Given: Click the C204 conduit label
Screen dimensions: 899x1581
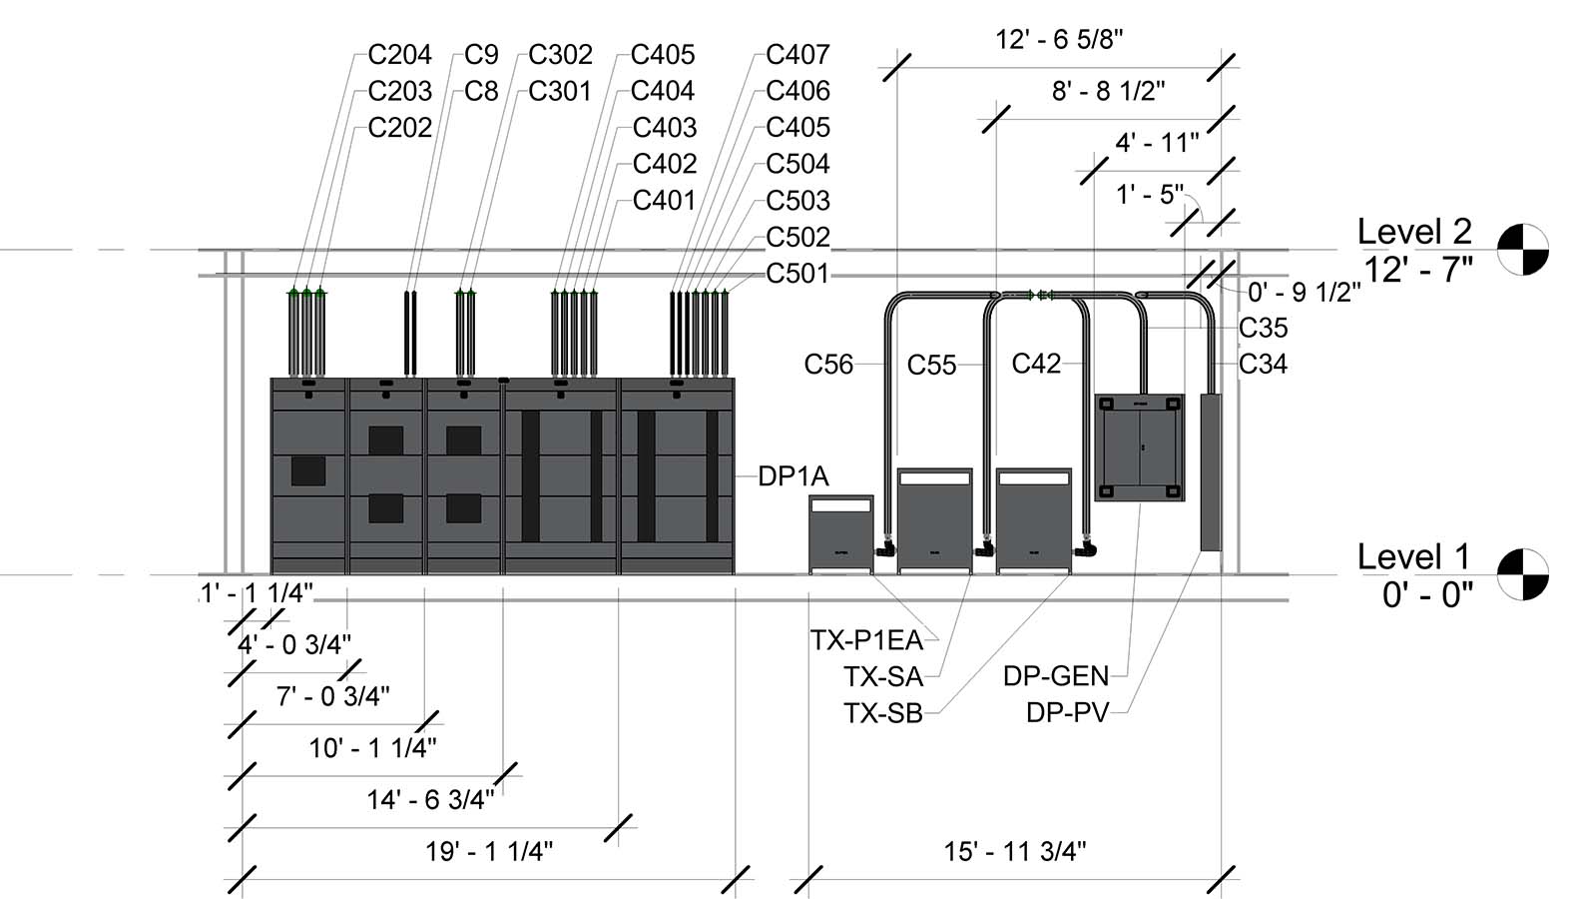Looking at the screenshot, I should [x=399, y=54].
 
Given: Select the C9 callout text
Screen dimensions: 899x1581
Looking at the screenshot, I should [x=481, y=54].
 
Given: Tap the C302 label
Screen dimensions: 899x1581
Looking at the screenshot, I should [x=560, y=54].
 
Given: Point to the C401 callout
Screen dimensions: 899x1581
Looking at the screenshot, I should [x=664, y=200].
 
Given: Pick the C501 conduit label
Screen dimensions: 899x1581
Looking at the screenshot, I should [x=797, y=273].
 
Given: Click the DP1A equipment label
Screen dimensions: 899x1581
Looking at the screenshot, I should [x=793, y=476].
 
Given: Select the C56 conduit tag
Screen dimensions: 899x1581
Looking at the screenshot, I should [x=828, y=365].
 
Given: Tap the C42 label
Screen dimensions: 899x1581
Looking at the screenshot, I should [x=1036, y=364].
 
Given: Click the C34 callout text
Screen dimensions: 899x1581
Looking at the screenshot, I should [x=1263, y=365].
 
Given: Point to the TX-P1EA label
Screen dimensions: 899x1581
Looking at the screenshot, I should [x=867, y=640].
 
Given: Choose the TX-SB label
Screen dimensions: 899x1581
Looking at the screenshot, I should [x=882, y=713].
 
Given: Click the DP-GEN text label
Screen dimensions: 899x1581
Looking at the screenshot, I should [x=1056, y=676].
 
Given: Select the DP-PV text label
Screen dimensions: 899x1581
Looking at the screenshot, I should [x=1067, y=713].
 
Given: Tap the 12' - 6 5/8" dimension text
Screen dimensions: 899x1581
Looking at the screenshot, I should [x=1059, y=40].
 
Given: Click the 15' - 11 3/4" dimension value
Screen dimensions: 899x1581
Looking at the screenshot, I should [x=1015, y=851].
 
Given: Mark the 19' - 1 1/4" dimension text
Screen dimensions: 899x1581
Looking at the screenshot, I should [x=489, y=851].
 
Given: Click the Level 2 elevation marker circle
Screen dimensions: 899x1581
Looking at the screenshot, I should [x=1523, y=249].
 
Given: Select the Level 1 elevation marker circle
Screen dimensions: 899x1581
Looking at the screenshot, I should [x=1523, y=574].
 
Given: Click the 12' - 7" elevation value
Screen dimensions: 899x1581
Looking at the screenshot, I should [x=1417, y=269].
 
